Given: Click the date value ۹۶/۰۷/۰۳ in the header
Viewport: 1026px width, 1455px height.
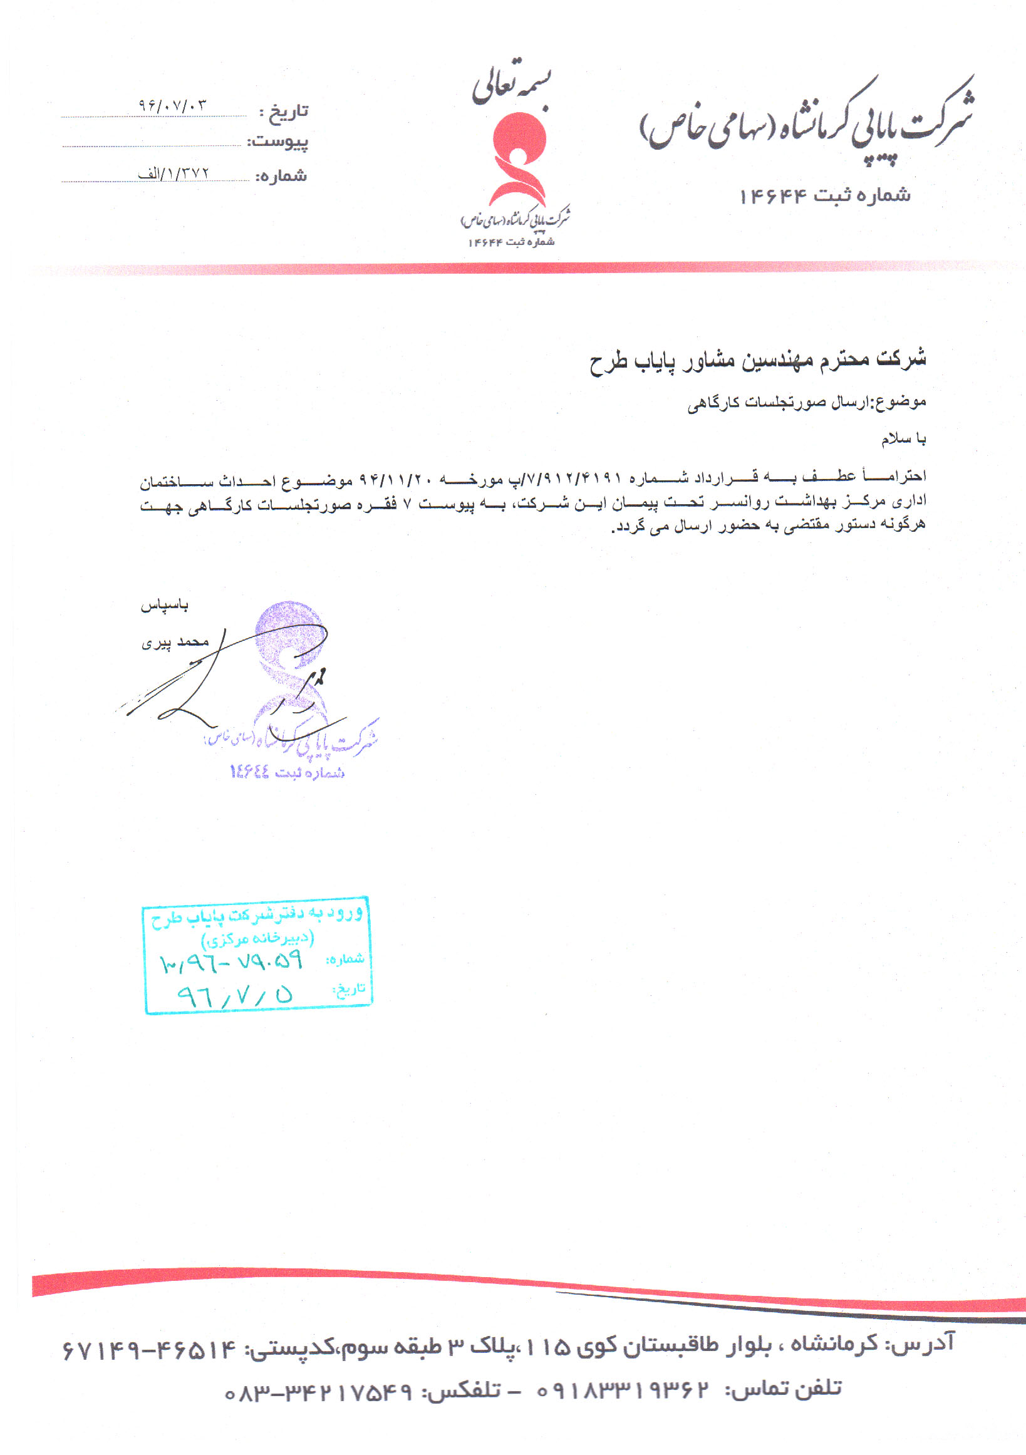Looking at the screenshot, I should click(172, 105).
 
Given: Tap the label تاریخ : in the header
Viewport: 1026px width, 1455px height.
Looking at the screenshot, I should click(283, 112).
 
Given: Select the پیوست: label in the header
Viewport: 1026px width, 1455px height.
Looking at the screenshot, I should click(277, 142).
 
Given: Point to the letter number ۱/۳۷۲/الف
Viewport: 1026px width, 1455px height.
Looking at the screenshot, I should click(173, 173).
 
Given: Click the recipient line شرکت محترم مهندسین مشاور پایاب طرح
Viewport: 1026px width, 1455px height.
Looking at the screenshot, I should click(757, 360).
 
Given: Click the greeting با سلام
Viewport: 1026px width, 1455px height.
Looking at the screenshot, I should click(903, 438).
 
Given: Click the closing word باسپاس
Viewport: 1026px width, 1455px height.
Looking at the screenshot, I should click(164, 606).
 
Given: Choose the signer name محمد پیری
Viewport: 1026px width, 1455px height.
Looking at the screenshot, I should click(175, 643).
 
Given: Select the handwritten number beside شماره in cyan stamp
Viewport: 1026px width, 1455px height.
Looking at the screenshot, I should click(232, 963).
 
